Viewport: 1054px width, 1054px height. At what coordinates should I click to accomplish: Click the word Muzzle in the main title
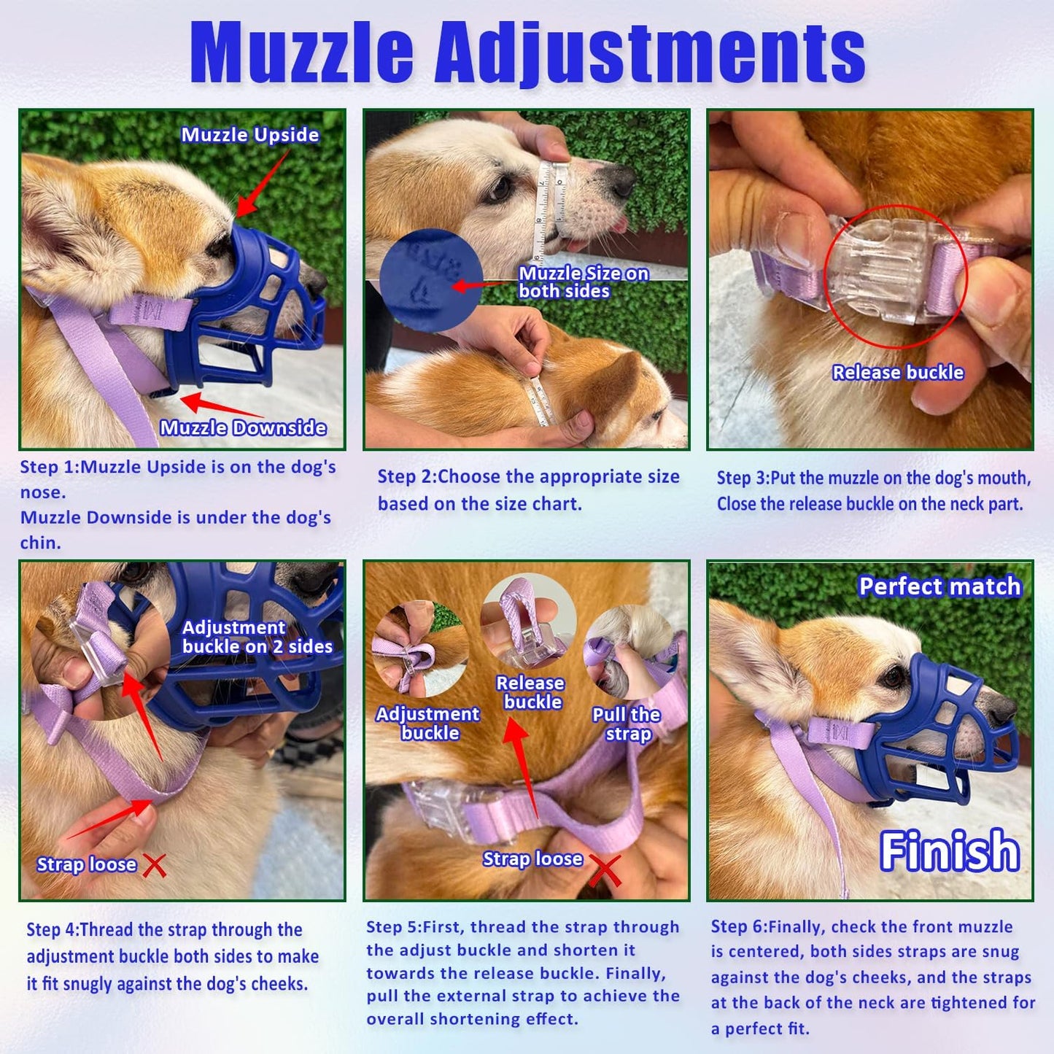coord(301,53)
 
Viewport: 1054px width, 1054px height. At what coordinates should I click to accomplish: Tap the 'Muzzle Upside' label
coord(249,135)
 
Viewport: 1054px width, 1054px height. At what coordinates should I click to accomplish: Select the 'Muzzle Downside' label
coord(243,427)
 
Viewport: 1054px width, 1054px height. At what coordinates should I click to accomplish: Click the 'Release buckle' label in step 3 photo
coord(898,373)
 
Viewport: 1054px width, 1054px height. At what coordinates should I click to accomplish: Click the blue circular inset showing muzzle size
coord(430,280)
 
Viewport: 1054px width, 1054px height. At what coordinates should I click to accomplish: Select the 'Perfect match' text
coord(939,586)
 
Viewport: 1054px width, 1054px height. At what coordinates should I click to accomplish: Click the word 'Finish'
coord(949,850)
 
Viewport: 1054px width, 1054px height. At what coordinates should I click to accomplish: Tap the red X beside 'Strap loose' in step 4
coord(155,866)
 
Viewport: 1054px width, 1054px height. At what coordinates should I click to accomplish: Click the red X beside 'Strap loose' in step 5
coord(605,869)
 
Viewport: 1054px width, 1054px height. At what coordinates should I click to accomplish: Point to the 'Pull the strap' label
coord(627,724)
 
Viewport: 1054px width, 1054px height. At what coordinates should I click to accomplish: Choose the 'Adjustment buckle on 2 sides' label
coord(257,637)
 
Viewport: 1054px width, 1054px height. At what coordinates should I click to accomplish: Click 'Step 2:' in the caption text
coord(406,477)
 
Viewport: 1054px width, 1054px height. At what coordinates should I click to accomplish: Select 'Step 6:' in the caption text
coord(739,927)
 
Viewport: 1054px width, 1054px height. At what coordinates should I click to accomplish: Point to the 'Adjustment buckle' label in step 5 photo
coord(428,724)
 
